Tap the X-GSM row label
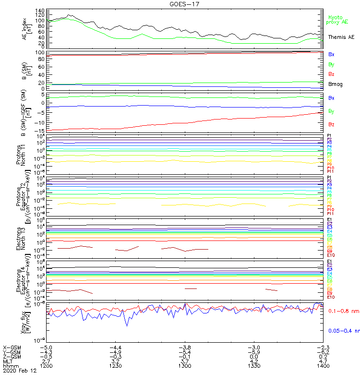[12, 347]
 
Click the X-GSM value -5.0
[46, 347]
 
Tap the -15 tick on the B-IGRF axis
[39, 130]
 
